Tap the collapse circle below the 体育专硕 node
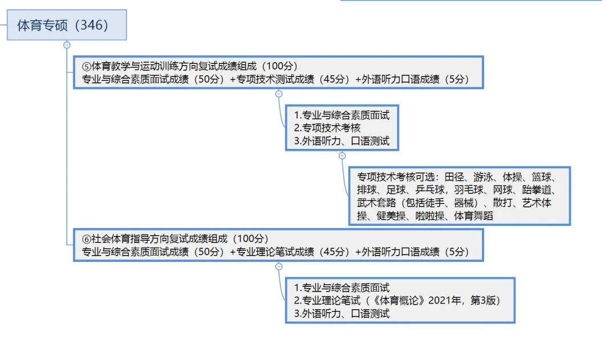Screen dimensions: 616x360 pyautogui.click(x=67, y=45)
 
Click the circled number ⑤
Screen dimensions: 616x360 pyautogui.click(x=87, y=66)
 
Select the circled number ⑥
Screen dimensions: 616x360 pyautogui.click(x=87, y=238)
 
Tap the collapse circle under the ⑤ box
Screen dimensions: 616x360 pyautogui.click(x=278, y=94)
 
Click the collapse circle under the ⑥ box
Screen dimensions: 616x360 pyautogui.click(x=278, y=266)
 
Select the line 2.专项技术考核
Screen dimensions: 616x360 pyautogui.click(x=327, y=128)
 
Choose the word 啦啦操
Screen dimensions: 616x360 pyautogui.click(x=429, y=216)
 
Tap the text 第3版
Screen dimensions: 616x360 pyautogui.click(x=484, y=301)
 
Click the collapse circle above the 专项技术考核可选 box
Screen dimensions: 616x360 pyautogui.click(x=342, y=155)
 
